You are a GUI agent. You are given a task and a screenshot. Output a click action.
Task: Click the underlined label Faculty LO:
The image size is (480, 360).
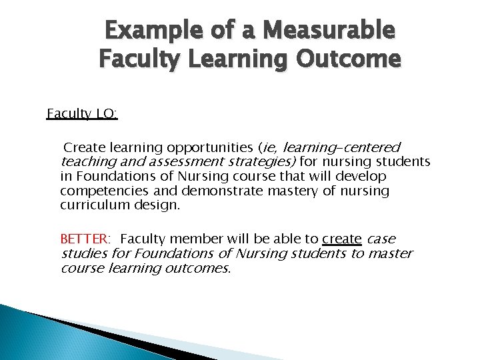[81, 114]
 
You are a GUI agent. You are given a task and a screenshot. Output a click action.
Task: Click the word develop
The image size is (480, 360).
[363, 176]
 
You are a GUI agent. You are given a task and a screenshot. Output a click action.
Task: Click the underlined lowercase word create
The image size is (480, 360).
[341, 239]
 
